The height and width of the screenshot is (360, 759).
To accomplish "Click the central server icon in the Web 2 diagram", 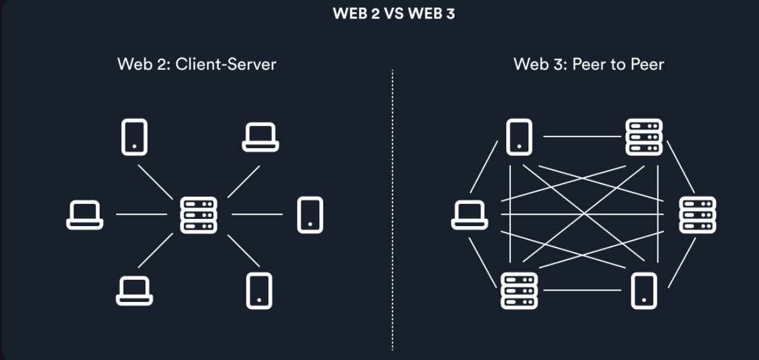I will click(x=199, y=215).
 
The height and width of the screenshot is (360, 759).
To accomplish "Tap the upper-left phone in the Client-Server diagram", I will click(x=134, y=136).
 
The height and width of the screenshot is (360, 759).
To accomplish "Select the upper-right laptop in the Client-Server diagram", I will click(x=261, y=137).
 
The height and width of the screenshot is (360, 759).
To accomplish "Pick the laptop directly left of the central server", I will click(x=84, y=215).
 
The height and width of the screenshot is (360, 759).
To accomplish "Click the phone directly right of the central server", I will click(x=310, y=215).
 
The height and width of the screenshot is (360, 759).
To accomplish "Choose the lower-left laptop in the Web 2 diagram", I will click(x=134, y=291).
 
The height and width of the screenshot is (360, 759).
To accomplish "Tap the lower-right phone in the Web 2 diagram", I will click(x=259, y=291).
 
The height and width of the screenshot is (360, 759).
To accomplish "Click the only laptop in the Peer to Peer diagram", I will click(x=469, y=215).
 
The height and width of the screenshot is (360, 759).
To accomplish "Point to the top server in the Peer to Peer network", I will click(x=644, y=137).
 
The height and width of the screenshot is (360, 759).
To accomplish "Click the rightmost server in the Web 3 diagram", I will click(x=697, y=215).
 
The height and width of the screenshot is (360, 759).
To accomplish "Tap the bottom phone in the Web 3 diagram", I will click(x=644, y=291).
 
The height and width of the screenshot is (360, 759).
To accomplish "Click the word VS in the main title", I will click(x=394, y=14).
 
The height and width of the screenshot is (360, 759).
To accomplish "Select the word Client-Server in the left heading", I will click(x=225, y=64).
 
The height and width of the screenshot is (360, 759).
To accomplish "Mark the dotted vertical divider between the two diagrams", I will click(x=393, y=209).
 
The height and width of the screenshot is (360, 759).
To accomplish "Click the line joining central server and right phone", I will click(x=257, y=214).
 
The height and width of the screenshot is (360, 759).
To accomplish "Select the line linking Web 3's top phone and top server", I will click(x=582, y=137).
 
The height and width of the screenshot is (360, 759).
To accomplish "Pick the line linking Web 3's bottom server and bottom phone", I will click(x=582, y=291).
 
